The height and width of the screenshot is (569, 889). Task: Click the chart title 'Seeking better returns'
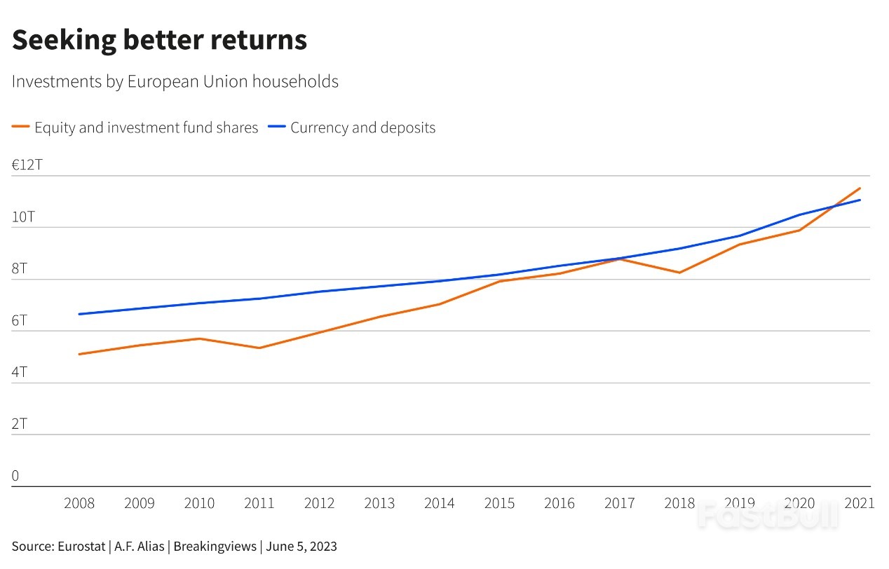159,41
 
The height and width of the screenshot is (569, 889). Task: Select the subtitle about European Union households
175,82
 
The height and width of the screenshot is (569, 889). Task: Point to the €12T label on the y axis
27,165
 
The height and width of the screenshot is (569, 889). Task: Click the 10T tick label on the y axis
23,217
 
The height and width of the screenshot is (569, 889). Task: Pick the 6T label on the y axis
20,320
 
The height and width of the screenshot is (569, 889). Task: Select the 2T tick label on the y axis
20,424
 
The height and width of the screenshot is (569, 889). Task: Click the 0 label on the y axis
15,476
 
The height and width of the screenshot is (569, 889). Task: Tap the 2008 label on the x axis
79,503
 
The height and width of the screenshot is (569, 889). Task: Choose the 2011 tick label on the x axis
259,503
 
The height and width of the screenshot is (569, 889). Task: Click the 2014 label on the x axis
439,503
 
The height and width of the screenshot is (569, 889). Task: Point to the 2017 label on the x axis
619,503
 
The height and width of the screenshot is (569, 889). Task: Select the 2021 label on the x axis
859,503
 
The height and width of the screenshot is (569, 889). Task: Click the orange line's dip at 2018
679,273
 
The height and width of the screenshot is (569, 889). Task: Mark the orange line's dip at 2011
259,348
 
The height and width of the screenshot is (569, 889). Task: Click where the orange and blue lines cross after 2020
834,207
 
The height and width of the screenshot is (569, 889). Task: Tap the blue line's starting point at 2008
79,314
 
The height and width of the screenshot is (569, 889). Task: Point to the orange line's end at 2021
860,188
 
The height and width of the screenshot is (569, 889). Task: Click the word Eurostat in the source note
81,546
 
